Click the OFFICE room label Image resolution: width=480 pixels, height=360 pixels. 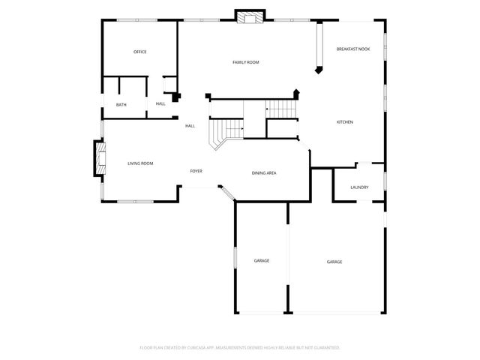(139, 52)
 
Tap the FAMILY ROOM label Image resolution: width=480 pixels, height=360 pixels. (245, 62)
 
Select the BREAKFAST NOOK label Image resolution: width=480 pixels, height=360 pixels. (352, 49)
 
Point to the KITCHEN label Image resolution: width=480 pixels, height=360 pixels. (344, 122)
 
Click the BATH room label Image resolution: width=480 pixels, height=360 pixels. (121, 104)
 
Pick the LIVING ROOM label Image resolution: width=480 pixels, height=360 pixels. (140, 163)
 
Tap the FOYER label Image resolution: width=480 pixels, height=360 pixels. (196, 171)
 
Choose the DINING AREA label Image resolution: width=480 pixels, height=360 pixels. (263, 173)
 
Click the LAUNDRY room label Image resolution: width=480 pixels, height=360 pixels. (359, 187)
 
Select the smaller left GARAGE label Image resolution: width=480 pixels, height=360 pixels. (261, 261)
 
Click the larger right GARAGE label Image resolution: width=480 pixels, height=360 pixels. (334, 262)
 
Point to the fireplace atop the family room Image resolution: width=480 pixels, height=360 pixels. (250, 16)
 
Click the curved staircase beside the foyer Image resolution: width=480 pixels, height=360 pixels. (223, 133)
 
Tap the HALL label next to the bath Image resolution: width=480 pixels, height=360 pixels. (160, 103)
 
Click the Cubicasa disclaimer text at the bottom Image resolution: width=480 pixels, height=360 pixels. (240, 347)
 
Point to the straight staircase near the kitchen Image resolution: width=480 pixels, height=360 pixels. (282, 110)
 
